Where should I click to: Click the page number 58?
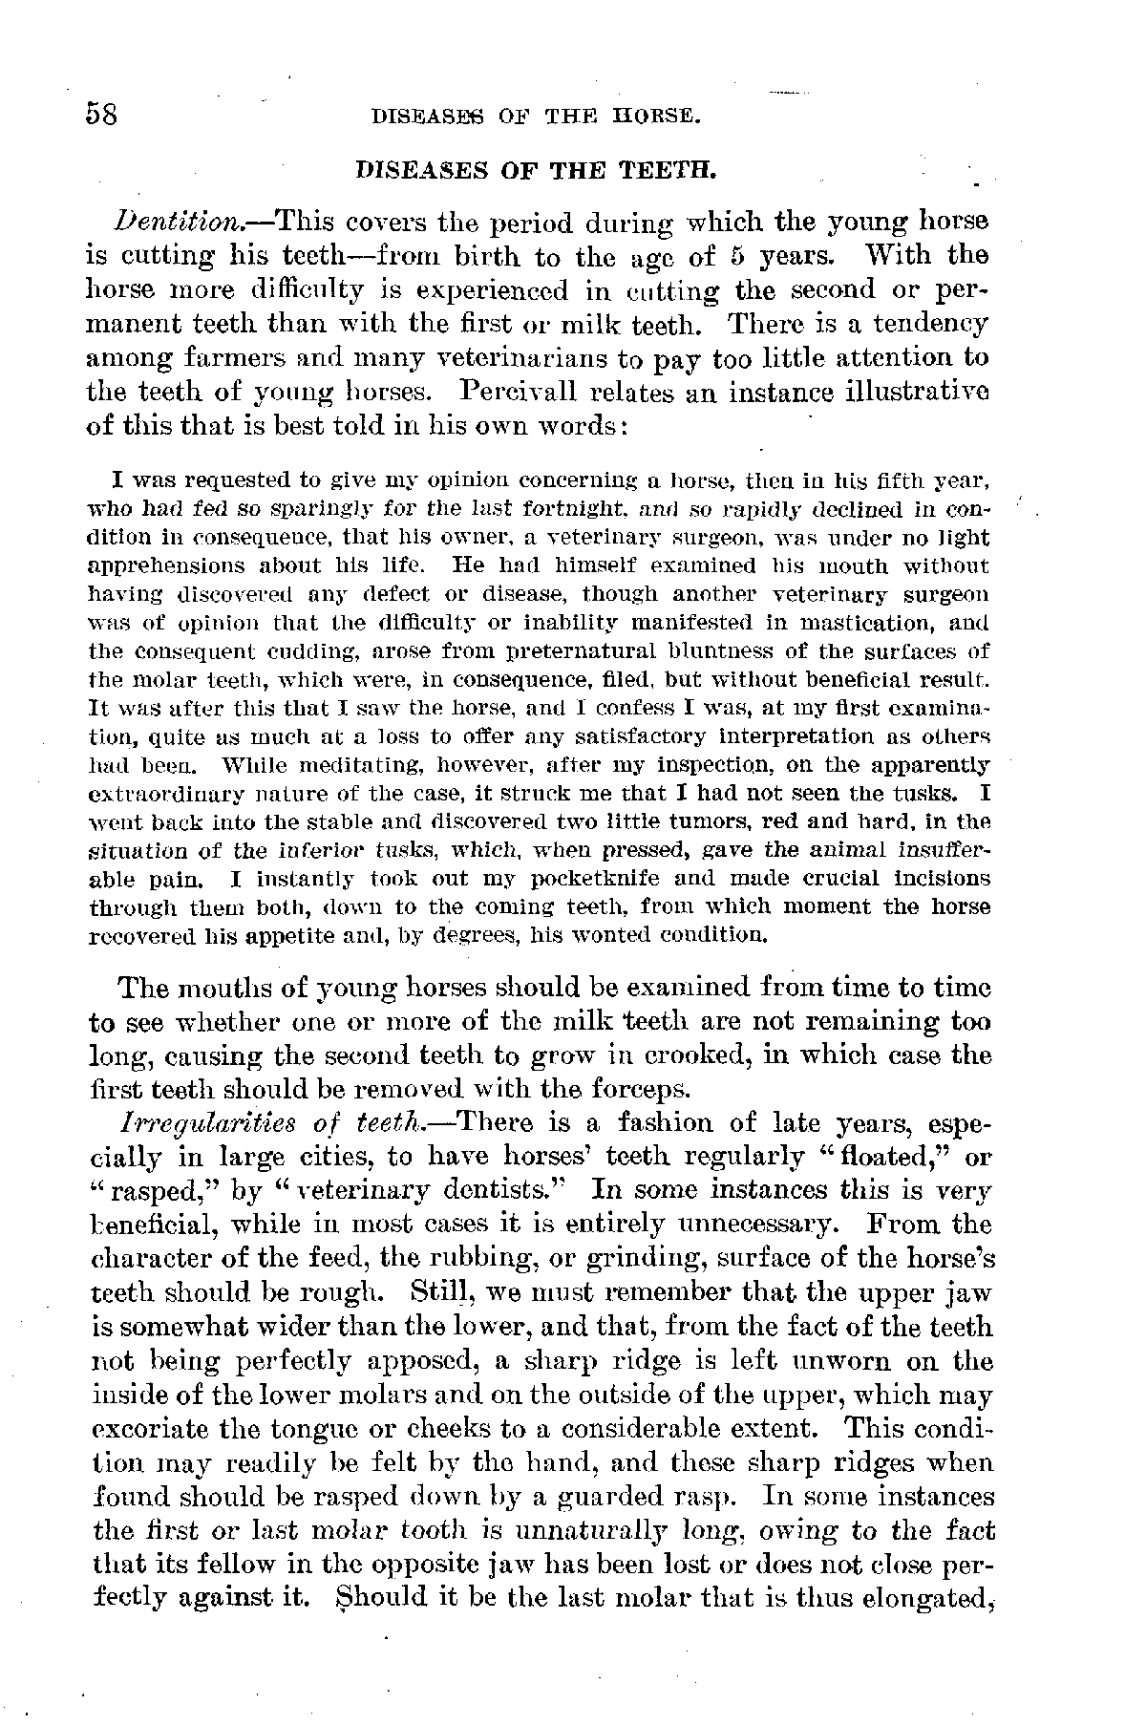point(101,115)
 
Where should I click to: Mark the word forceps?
point(644,1089)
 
